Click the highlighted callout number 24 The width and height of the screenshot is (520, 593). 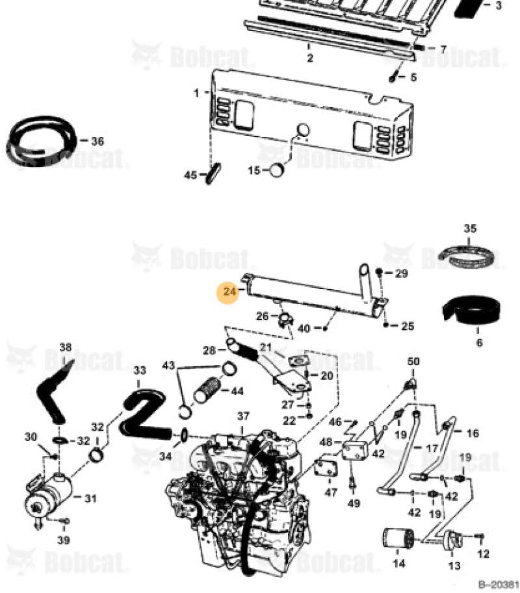tap(229, 293)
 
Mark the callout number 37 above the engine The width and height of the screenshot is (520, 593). tap(242, 416)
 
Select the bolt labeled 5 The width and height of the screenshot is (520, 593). tap(394, 77)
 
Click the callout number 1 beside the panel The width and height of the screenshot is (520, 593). tap(196, 93)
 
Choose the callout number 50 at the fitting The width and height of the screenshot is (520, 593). tap(413, 361)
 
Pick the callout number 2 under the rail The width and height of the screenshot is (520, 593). tap(310, 58)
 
